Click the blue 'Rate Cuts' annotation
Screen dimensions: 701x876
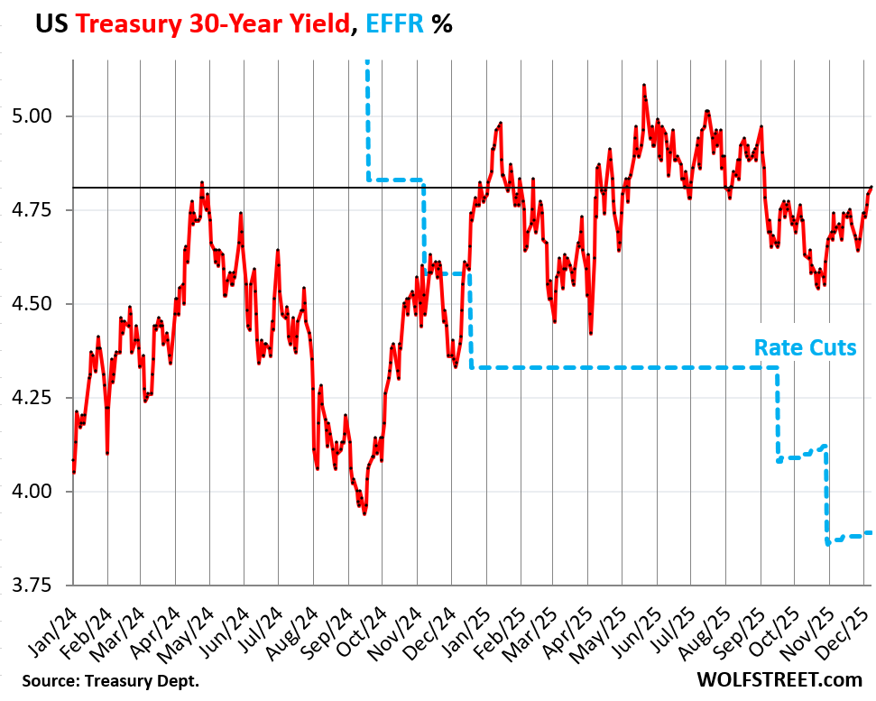point(805,347)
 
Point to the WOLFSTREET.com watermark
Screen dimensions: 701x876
point(779,678)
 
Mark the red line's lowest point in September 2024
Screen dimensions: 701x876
point(364,513)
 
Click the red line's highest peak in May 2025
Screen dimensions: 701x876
point(644,85)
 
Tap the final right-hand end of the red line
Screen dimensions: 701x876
point(871,187)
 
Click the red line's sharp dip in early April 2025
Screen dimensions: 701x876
point(590,333)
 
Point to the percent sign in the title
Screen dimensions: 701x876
point(441,24)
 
